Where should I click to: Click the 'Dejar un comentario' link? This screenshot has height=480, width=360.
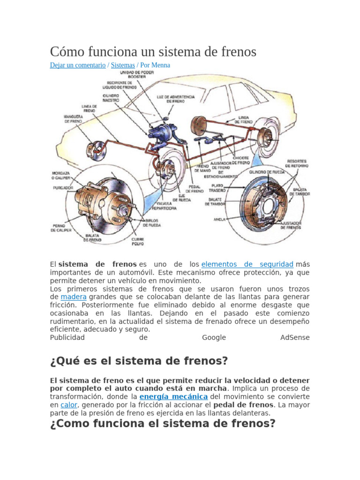coord(78,65)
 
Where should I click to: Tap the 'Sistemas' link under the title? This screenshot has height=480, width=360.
coord(123,65)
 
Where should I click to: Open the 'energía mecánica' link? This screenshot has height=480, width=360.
coord(174,397)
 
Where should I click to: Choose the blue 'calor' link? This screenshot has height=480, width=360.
coord(69,405)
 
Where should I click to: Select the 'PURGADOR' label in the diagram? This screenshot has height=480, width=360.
coord(63,187)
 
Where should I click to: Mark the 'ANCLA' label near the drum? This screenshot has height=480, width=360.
coord(219,219)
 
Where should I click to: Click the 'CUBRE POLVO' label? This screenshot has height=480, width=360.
coord(137,241)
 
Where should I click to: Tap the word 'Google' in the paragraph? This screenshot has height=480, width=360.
coord(214,337)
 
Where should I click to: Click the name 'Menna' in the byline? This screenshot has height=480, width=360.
coord(161,65)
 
